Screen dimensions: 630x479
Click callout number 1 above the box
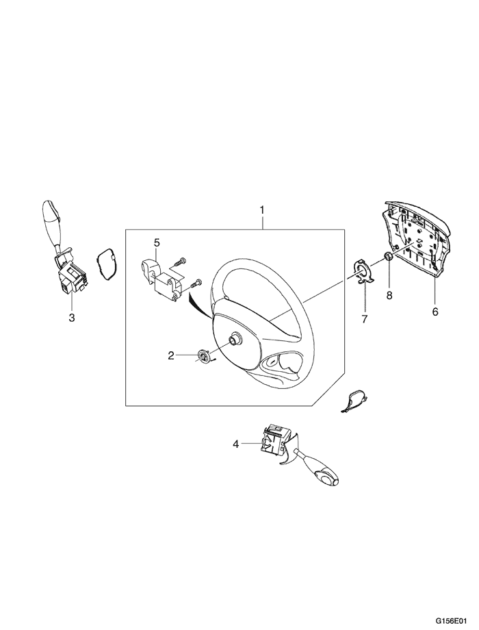pos(261,208)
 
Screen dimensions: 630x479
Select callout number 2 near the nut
pos(172,355)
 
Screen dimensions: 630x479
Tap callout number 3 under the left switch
pos(71,318)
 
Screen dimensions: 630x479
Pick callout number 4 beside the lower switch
pos(236,444)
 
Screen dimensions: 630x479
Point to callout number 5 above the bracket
pos(156,242)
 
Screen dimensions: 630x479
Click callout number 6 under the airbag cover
pos(435,312)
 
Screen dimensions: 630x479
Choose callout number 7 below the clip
pos(365,319)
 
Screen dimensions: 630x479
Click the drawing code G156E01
pos(454,620)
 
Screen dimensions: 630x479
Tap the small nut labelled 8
pos(387,257)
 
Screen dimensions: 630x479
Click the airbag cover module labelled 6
pos(415,240)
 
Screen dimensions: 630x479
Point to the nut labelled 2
pos(203,355)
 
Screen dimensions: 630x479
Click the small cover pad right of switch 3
pos(106,264)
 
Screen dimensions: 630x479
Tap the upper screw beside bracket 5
pos(182,261)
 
